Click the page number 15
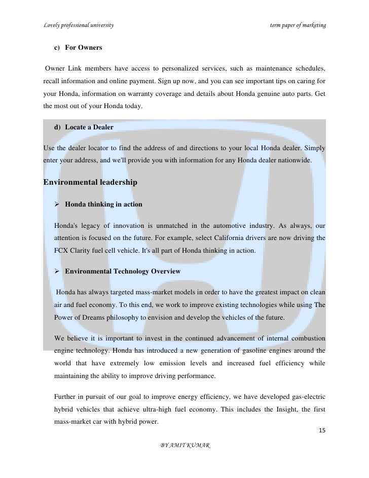322,430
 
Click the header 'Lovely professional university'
79,25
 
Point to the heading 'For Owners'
84,48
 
